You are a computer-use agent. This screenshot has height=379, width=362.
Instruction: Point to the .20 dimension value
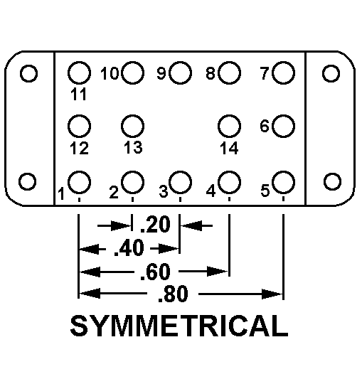point(155,225)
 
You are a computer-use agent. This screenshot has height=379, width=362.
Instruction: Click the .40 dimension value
point(129,247)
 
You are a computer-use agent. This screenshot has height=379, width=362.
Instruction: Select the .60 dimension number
point(155,272)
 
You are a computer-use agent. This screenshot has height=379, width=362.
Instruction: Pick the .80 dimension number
point(173,294)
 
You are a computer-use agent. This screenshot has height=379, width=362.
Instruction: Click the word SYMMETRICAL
point(179,326)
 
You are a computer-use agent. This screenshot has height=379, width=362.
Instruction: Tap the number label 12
point(79,148)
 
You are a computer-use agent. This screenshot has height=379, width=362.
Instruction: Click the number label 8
point(211,73)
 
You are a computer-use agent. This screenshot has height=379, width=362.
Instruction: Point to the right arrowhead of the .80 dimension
point(272,294)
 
